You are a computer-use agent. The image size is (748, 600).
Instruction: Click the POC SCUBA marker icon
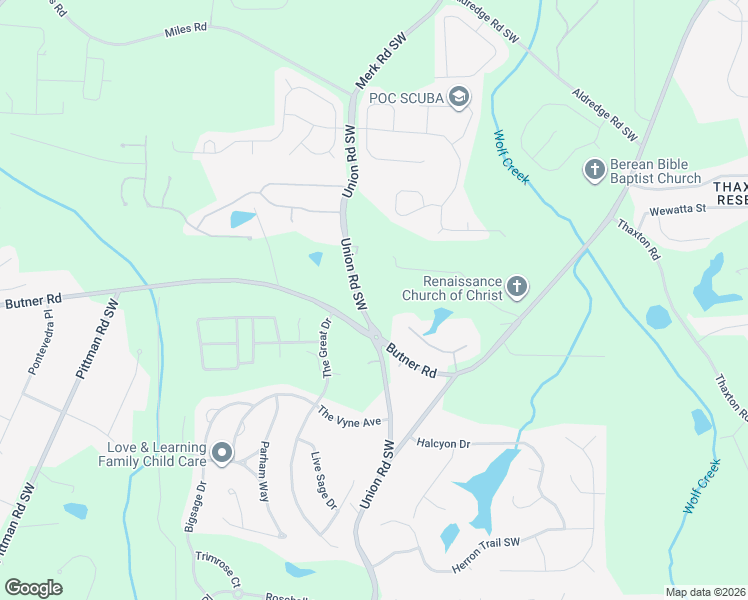459,96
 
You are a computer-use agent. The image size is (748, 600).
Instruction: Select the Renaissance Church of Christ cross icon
517,288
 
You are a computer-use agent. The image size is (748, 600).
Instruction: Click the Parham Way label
264,464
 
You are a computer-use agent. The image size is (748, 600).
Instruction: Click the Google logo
34,588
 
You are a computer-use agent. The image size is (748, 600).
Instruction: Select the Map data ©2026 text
705,592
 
